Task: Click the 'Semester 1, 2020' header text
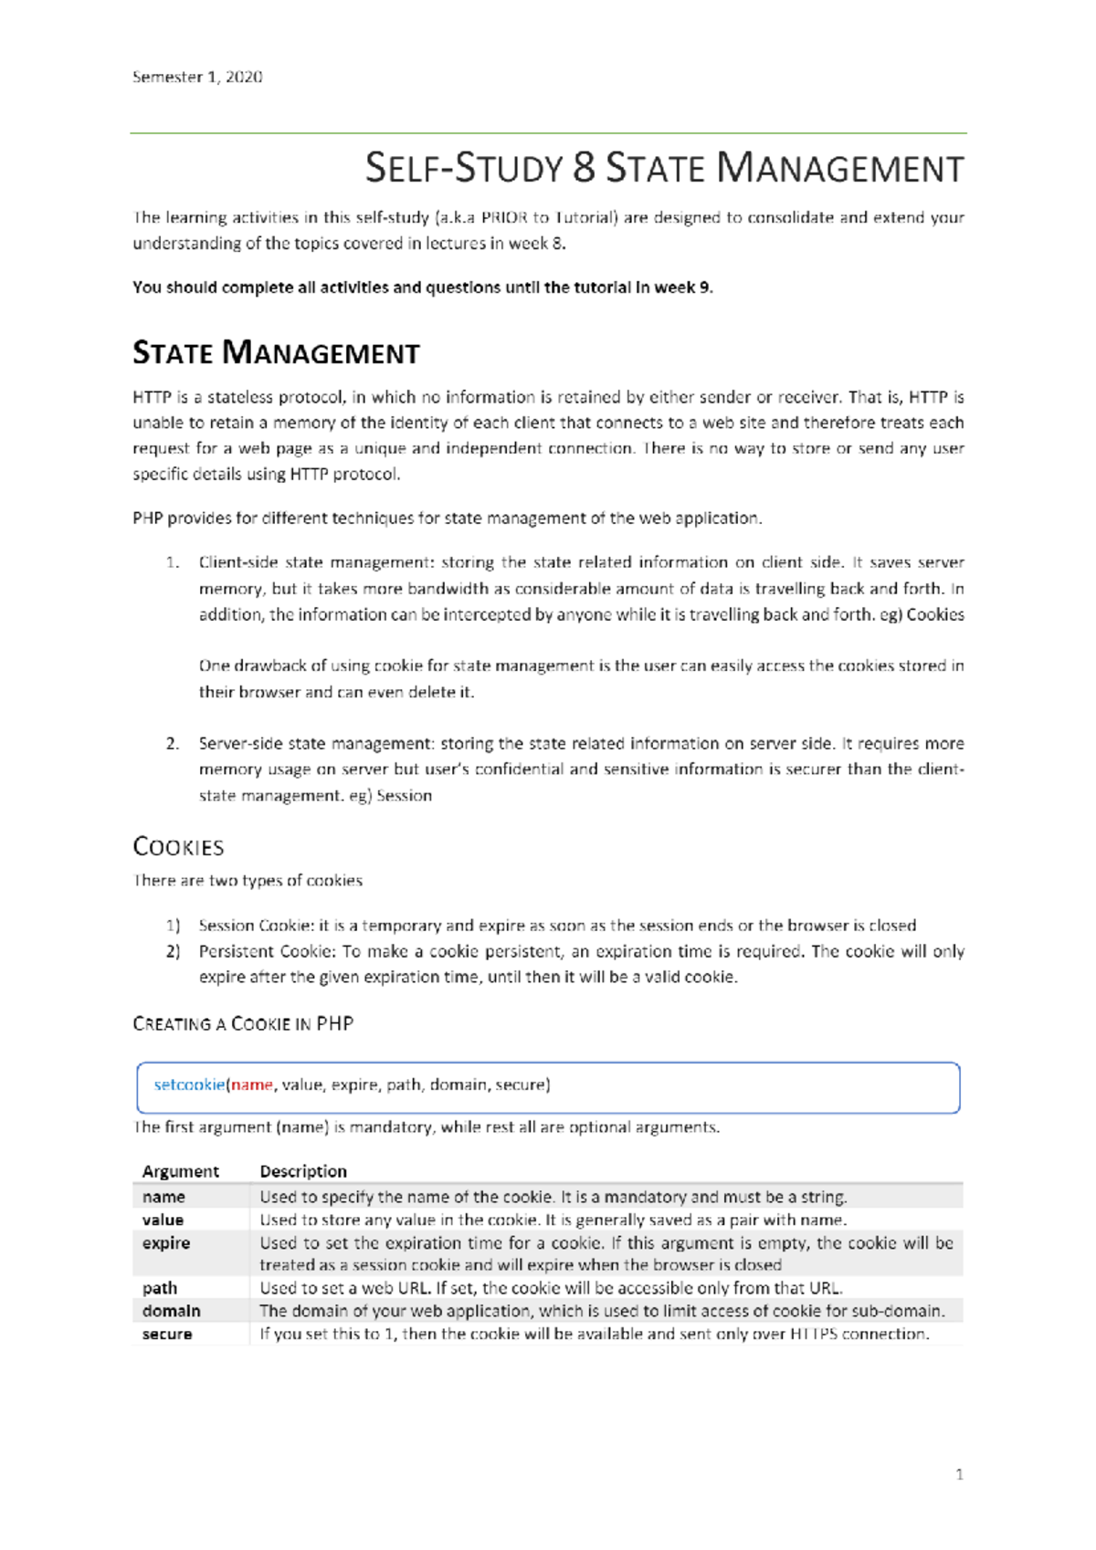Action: pyautogui.click(x=197, y=78)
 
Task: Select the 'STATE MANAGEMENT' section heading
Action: pyautogui.click(x=276, y=353)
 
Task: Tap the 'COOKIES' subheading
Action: pyautogui.click(x=178, y=847)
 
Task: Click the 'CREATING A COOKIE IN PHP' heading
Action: pyautogui.click(x=243, y=1024)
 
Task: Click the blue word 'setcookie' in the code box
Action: pyautogui.click(x=189, y=1085)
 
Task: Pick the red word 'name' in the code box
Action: pyautogui.click(x=251, y=1085)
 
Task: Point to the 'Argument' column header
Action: pyautogui.click(x=180, y=1171)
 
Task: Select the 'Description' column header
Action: pyautogui.click(x=303, y=1171)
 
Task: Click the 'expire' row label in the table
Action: pyautogui.click(x=166, y=1243)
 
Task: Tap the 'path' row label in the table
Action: pyautogui.click(x=160, y=1288)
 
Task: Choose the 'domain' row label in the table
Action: pyautogui.click(x=171, y=1311)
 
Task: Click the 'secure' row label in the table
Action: pyautogui.click(x=167, y=1335)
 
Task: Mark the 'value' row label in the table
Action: pyautogui.click(x=163, y=1220)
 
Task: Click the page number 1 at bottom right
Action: pyautogui.click(x=959, y=1474)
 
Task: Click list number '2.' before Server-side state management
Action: pyautogui.click(x=173, y=744)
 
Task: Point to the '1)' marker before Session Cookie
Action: pyautogui.click(x=173, y=926)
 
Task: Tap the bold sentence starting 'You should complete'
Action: pyautogui.click(x=422, y=288)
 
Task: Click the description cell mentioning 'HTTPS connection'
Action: pyautogui.click(x=594, y=1335)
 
